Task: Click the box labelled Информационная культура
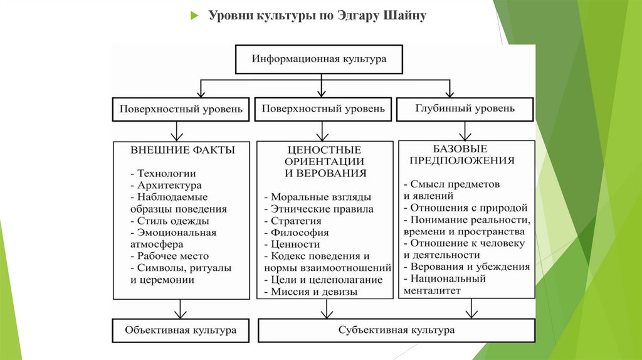(319, 59)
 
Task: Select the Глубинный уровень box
(465, 109)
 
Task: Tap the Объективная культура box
(181, 330)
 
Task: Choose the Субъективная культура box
(396, 330)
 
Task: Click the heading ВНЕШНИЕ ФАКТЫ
(183, 151)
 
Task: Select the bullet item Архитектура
(166, 186)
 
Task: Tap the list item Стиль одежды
(170, 221)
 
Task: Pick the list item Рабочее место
(170, 256)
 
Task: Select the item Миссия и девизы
(310, 292)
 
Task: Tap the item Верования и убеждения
(467, 267)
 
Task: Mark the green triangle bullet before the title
(194, 16)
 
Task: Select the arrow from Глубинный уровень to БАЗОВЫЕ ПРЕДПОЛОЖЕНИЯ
(465, 130)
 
